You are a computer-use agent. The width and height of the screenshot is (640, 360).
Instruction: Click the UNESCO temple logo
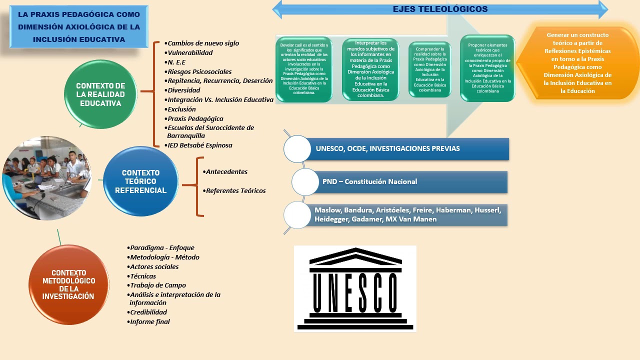[x=355, y=288]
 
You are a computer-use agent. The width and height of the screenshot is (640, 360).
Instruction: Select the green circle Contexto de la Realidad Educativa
[x=101, y=94]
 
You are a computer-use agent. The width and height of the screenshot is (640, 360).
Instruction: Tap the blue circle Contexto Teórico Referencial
[x=140, y=181]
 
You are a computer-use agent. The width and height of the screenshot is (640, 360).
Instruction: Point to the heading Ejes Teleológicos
[x=440, y=9]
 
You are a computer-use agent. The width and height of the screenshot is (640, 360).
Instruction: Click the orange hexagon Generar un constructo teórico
[x=577, y=63]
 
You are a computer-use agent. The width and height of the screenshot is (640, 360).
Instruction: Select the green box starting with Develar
[x=304, y=69]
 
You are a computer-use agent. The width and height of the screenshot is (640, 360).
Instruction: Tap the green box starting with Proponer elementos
[x=487, y=68]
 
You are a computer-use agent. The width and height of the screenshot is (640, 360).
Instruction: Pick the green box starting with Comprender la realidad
[x=430, y=69]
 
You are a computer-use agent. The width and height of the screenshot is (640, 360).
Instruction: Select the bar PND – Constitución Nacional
[x=407, y=182]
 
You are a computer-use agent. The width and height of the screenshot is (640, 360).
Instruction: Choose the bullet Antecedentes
[x=226, y=171]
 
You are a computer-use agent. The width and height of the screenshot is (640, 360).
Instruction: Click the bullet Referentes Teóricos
[x=235, y=190]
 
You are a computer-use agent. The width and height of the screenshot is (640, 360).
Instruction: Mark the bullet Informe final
[x=150, y=322]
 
